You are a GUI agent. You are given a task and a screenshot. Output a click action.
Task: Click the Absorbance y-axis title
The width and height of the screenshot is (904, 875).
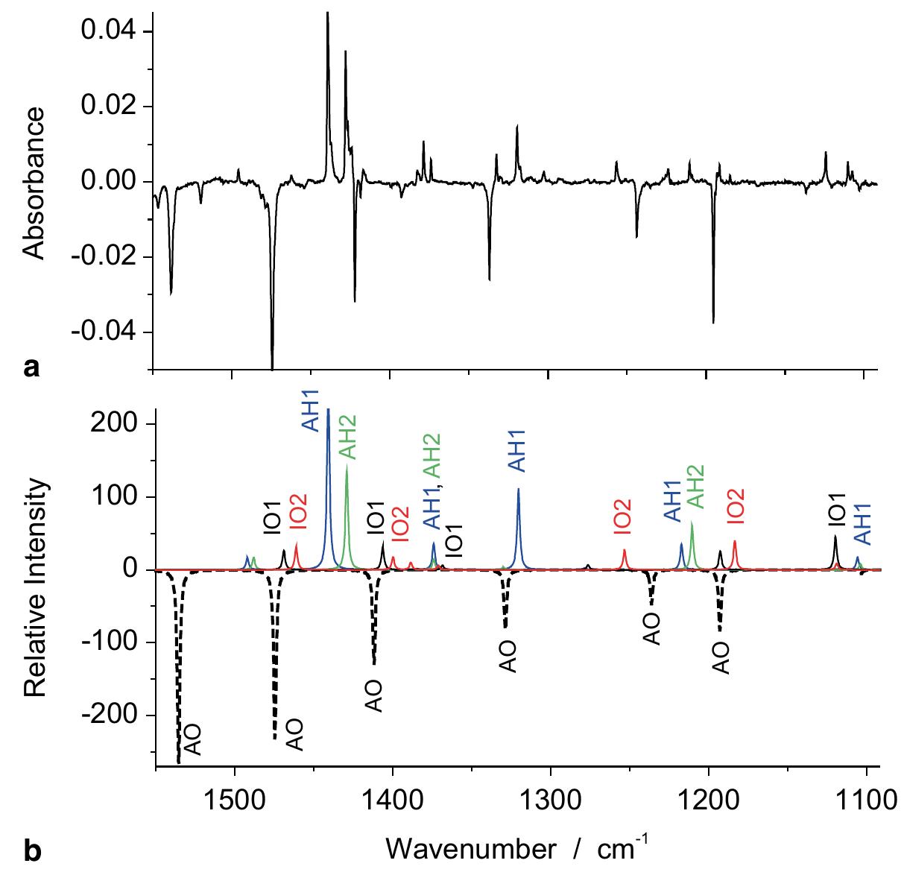point(34,183)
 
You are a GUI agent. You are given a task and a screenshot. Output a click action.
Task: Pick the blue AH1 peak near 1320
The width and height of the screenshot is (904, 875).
point(519,522)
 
